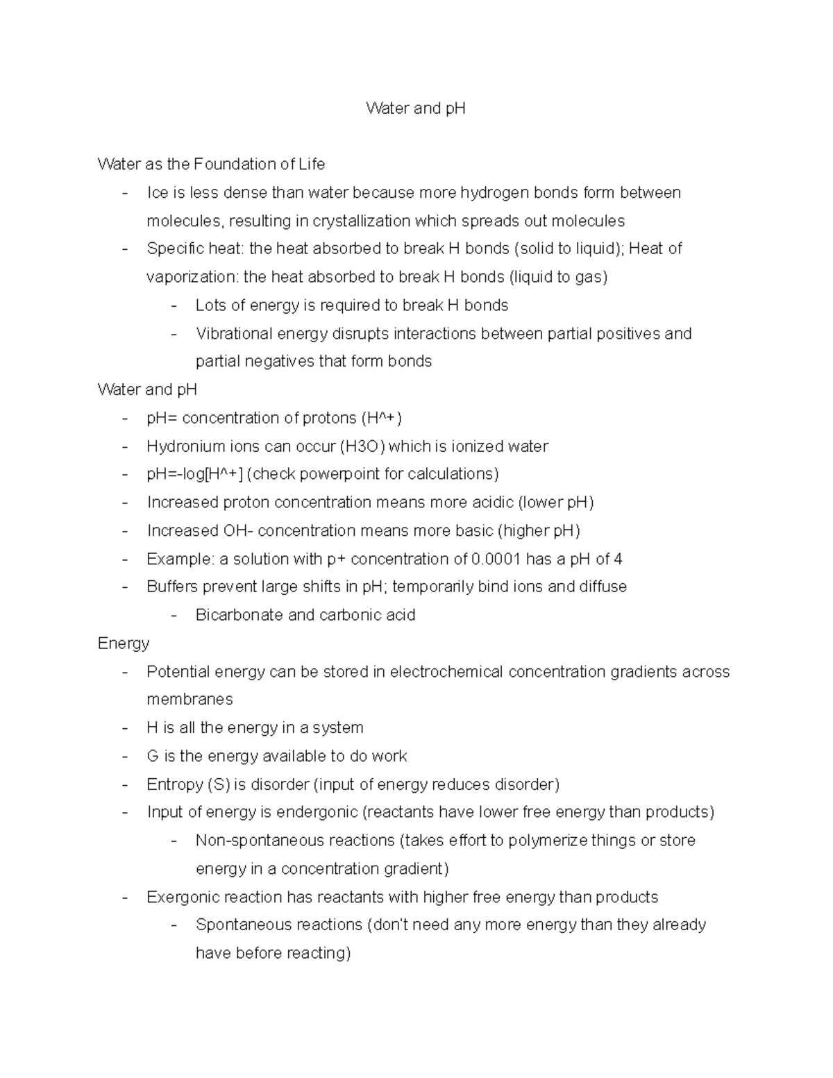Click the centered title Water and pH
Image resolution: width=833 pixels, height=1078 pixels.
(416, 108)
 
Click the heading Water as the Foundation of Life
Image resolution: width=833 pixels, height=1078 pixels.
(211, 165)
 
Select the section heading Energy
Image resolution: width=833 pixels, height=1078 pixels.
(124, 643)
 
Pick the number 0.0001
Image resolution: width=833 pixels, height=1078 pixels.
(496, 559)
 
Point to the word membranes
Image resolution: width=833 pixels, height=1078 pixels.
(190, 700)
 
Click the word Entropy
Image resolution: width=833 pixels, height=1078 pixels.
(174, 784)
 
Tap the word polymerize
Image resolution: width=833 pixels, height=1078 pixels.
(548, 841)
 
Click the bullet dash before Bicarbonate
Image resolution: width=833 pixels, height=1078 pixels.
(174, 615)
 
